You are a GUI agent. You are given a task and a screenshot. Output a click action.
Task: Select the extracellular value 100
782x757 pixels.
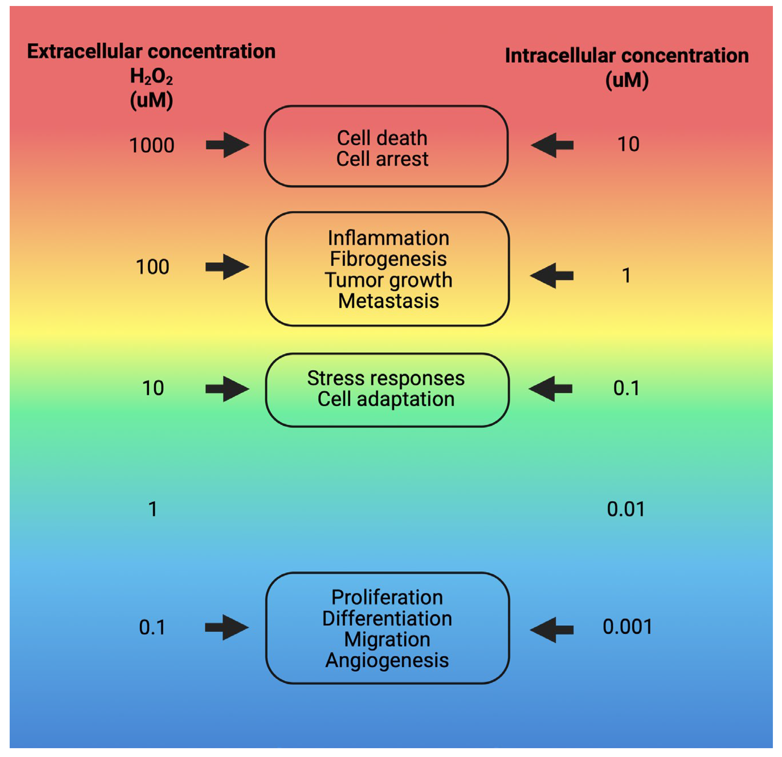[x=152, y=267]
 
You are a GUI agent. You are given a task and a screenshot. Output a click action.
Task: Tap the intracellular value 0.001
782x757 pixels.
[x=627, y=627]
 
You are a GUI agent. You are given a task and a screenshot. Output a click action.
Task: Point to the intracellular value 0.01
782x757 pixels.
[x=626, y=509]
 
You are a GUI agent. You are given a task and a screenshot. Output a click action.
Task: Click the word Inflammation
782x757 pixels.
[x=388, y=238]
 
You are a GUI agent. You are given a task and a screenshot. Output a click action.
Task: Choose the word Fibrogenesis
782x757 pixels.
[x=388, y=259]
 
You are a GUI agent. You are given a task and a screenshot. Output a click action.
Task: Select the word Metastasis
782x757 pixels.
[x=388, y=301]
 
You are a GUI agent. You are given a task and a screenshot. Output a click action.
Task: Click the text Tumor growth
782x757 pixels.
[x=388, y=280]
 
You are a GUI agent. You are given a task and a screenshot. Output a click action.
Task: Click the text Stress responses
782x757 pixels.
[x=386, y=378]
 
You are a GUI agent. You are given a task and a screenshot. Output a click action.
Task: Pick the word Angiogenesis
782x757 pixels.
[x=387, y=660]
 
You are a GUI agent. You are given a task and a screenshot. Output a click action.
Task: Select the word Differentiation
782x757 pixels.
[x=387, y=619]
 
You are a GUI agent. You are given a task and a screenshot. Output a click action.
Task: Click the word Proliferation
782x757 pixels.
[x=387, y=597]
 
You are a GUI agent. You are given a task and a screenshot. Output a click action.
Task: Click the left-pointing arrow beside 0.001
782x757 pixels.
[x=552, y=630]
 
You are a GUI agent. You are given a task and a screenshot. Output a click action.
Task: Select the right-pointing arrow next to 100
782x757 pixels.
[x=227, y=267]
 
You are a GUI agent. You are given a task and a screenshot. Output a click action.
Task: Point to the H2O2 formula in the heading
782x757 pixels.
[x=151, y=76]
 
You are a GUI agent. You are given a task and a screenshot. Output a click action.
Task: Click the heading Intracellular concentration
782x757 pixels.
[x=626, y=56]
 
